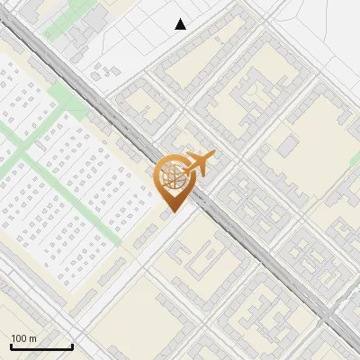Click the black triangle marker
click(181, 24)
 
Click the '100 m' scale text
click(23, 338)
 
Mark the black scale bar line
click(41, 347)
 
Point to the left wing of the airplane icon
click(192, 156)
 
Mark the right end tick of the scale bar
click(72, 346)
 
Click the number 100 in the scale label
click(19, 338)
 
